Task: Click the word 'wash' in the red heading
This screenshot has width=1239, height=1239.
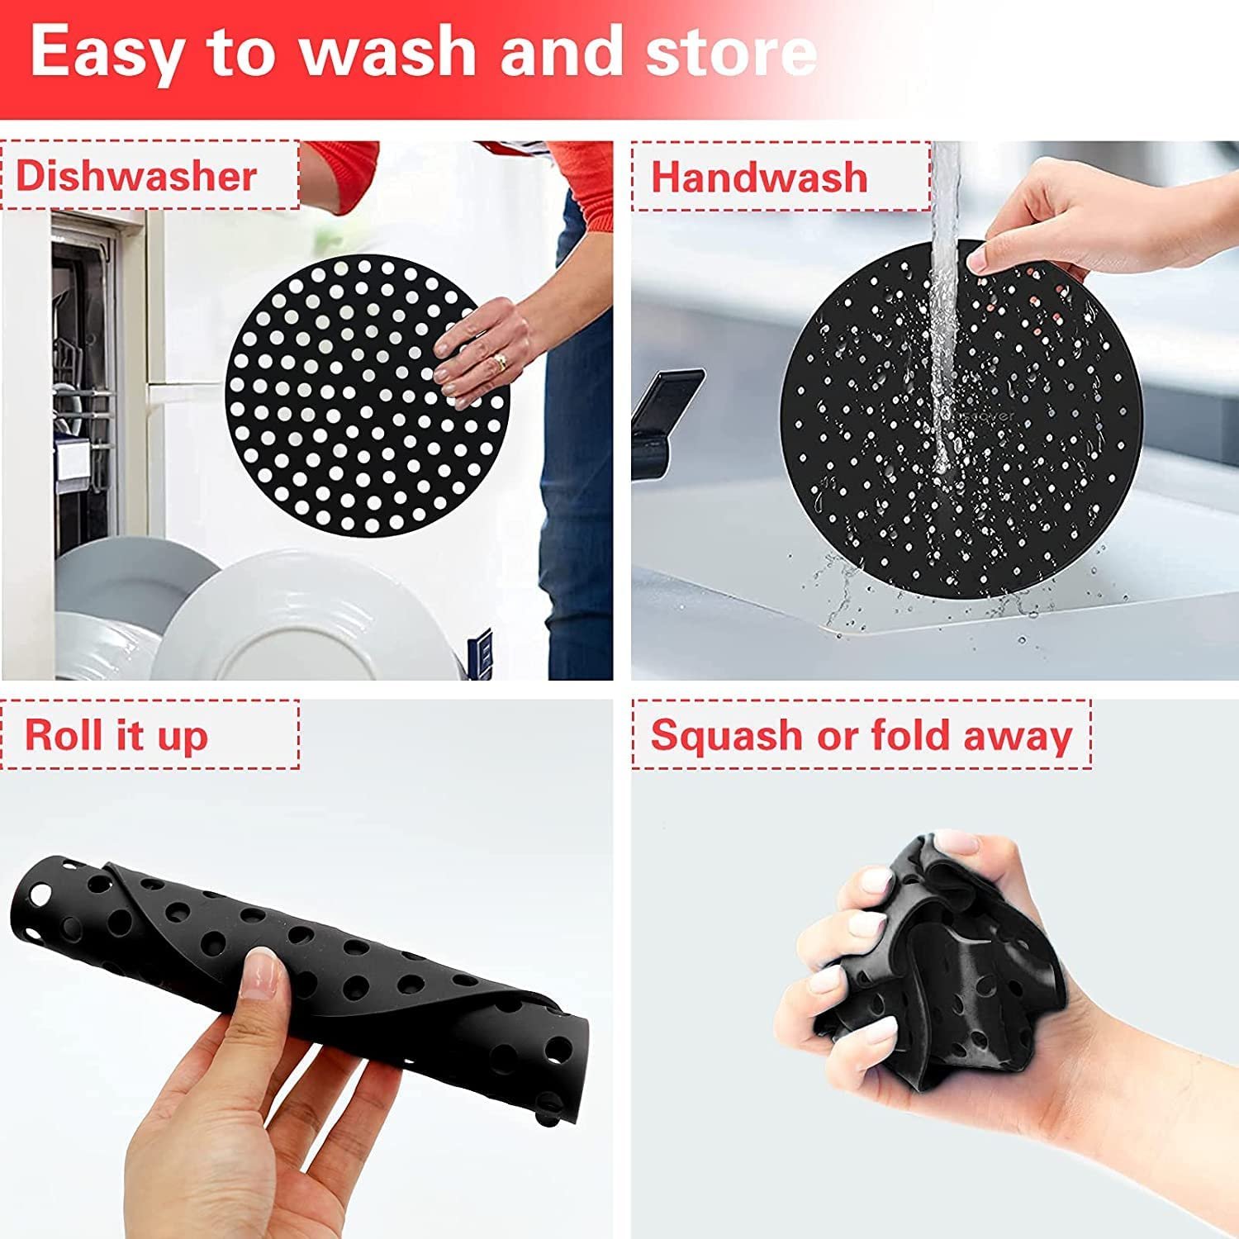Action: [x=392, y=51]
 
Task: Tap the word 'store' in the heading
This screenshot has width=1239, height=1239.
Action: [x=731, y=51]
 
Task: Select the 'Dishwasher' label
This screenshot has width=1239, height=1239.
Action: [x=136, y=176]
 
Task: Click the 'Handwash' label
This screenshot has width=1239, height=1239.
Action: [x=759, y=178]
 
